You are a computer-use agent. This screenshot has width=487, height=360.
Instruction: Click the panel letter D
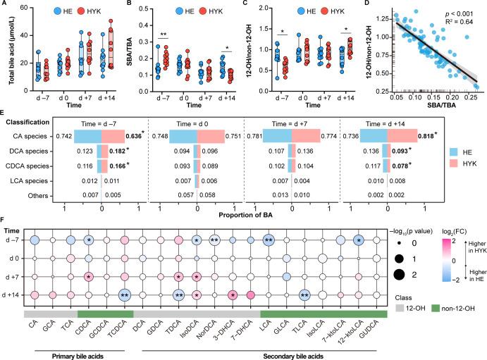pyautogui.click(x=371, y=5)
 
